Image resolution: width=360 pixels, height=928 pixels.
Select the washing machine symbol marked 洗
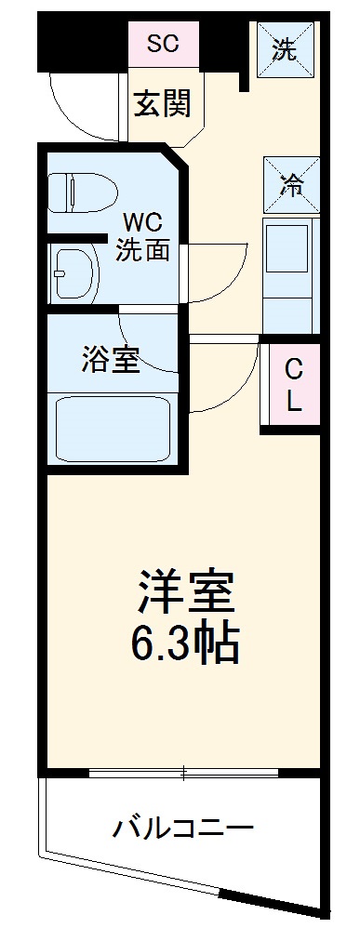tap(285, 49)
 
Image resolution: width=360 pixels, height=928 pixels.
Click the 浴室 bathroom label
tap(111, 360)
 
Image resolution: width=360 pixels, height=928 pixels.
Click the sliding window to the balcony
tap(184, 771)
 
